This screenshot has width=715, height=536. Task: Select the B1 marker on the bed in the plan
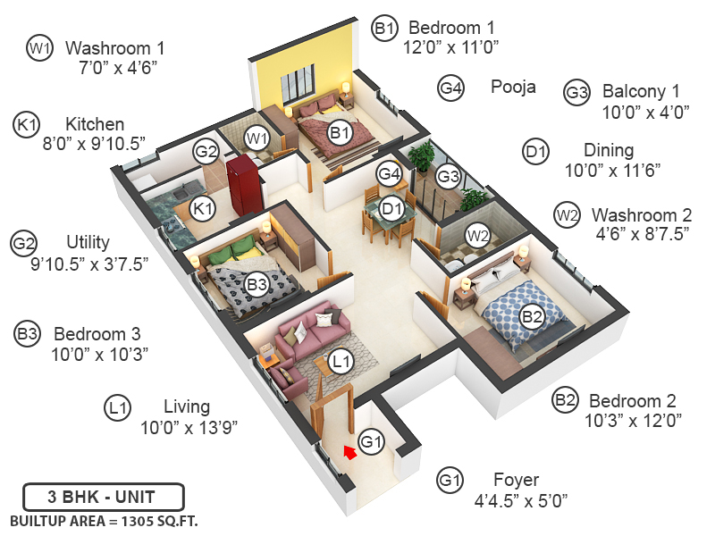[340, 134]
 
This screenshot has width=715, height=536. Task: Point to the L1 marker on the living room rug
[341, 361]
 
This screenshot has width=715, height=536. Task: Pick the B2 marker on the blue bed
[533, 315]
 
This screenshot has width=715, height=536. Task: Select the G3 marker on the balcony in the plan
[448, 177]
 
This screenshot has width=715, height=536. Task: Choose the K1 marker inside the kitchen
[205, 209]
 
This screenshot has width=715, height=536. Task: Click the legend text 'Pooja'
[513, 88]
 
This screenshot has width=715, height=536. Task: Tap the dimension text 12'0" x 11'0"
[452, 46]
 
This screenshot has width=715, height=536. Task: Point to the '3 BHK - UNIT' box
[103, 496]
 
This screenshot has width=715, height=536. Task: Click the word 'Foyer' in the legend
[517, 481]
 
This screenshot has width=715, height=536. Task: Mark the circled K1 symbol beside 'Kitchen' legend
[28, 124]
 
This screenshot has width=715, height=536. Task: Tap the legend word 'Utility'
[88, 242]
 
